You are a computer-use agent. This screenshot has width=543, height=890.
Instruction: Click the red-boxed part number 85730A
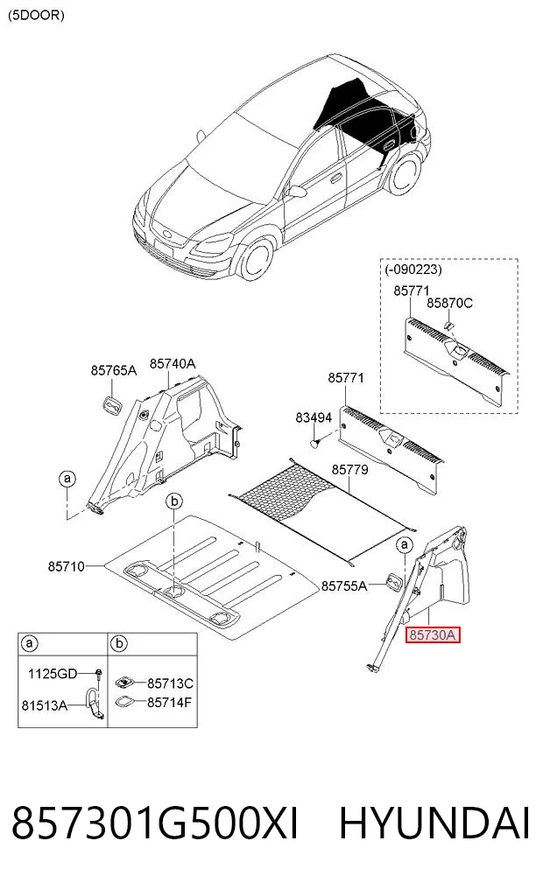pyautogui.click(x=433, y=634)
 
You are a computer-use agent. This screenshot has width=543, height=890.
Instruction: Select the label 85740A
pyautogui.click(x=173, y=363)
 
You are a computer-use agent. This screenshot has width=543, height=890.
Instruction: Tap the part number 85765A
pyautogui.click(x=114, y=371)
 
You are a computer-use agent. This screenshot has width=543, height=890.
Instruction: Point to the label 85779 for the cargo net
pyautogui.click(x=349, y=469)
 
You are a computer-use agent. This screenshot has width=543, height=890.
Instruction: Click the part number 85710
pyautogui.click(x=67, y=566)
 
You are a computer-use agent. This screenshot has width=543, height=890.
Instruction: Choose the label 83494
pyautogui.click(x=314, y=417)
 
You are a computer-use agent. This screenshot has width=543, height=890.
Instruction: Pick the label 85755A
pyautogui.click(x=344, y=585)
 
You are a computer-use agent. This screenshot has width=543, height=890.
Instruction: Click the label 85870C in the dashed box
pyautogui.click(x=449, y=303)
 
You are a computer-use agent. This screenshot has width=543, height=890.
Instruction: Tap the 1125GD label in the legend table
pyautogui.click(x=53, y=674)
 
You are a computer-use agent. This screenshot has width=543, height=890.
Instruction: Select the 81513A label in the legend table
pyautogui.click(x=45, y=705)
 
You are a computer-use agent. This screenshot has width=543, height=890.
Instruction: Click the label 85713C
pyautogui.click(x=170, y=683)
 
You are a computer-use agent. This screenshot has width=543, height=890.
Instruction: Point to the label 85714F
pyautogui.click(x=169, y=703)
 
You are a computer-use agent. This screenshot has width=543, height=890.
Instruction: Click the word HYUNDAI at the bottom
pyautogui.click(x=435, y=823)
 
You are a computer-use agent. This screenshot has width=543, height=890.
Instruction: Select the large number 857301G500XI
pyautogui.click(x=154, y=823)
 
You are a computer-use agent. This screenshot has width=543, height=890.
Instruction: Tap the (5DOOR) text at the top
pyautogui.click(x=36, y=16)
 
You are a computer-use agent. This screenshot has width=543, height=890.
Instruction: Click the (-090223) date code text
pyautogui.click(x=413, y=270)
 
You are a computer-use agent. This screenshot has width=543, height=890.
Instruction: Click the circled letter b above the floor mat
pyautogui.click(x=174, y=501)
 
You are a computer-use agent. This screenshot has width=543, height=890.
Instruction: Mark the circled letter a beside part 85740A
pyautogui.click(x=67, y=479)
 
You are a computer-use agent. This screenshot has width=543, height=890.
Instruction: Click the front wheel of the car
pyautogui.click(x=256, y=261)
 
